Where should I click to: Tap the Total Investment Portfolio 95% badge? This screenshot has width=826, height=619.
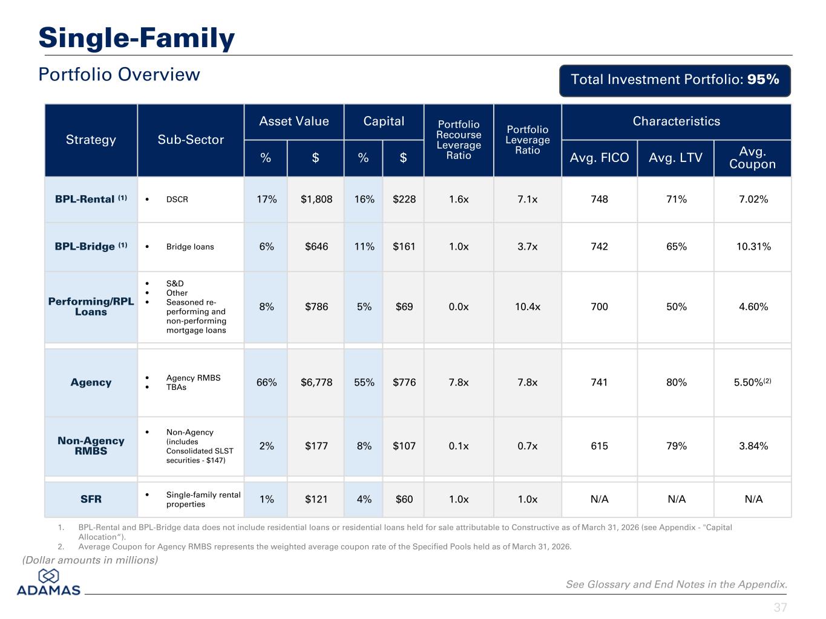pos(675,80)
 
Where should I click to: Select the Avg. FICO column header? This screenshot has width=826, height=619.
pos(599,158)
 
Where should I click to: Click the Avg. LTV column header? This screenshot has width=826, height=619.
pos(675,158)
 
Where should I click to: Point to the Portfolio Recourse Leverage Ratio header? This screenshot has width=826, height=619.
pos(458,140)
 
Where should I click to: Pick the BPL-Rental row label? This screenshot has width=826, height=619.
pos(91,199)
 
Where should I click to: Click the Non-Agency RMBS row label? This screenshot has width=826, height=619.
pos(91,446)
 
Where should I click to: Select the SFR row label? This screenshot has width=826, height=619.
pos(91,499)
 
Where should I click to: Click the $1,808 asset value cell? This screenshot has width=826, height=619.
pos(316,199)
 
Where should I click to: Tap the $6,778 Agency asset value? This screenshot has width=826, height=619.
pos(316,382)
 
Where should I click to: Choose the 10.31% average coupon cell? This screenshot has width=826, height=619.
pos(753,247)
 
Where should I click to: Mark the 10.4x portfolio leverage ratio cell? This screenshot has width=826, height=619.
pos(527,306)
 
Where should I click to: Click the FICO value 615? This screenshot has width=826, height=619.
pos(599,446)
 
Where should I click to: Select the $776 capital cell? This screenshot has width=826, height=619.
pos(404,382)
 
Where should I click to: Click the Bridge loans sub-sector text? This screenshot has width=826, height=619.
pos(189,247)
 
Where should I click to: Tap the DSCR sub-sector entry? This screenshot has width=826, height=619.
pos(177,199)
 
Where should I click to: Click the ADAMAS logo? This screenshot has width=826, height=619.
pos(48,582)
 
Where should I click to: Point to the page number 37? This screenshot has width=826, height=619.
pos(780,608)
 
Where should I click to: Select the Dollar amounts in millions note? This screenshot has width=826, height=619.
pos(90,560)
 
